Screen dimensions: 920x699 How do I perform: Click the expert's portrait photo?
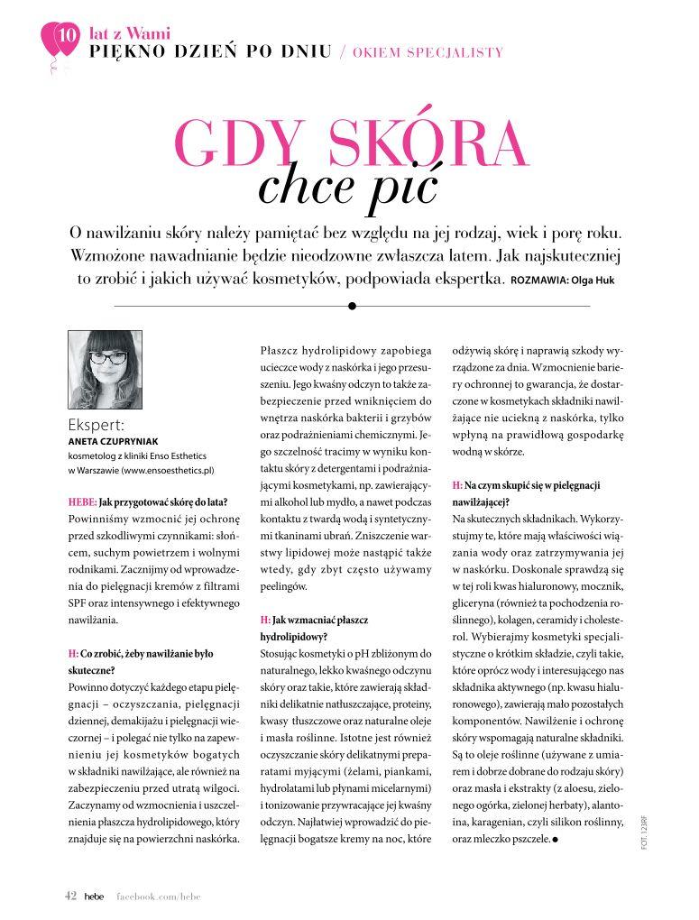click(105, 369)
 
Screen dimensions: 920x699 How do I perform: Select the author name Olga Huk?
click(591, 281)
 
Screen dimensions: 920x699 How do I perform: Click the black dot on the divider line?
click(352, 306)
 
